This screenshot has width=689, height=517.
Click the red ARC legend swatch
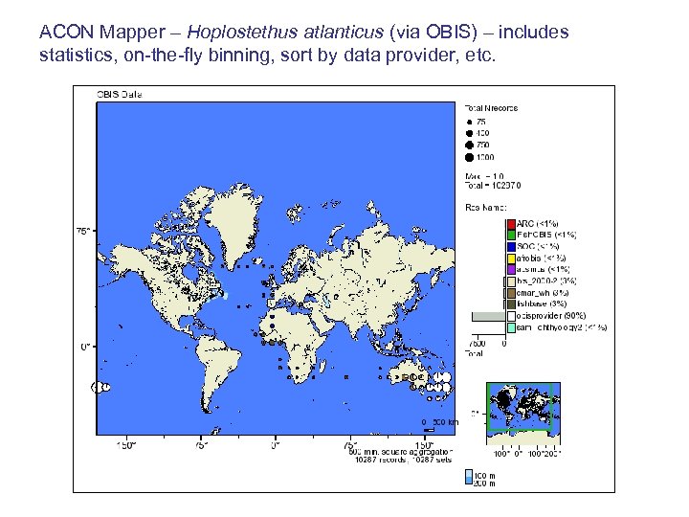pyautogui.click(x=511, y=224)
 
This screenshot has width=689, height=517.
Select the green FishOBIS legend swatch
pyautogui.click(x=511, y=235)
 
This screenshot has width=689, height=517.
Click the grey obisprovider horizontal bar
pyautogui.click(x=487, y=316)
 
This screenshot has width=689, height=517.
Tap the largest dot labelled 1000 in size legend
pyautogui.click(x=469, y=155)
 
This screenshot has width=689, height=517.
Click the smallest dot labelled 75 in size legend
pyautogui.click(x=469, y=122)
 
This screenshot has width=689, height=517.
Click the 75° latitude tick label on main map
pyautogui.click(x=84, y=231)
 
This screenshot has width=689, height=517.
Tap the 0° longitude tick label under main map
pyautogui.click(x=275, y=444)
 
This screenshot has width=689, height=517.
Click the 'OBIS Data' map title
pyautogui.click(x=118, y=94)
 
